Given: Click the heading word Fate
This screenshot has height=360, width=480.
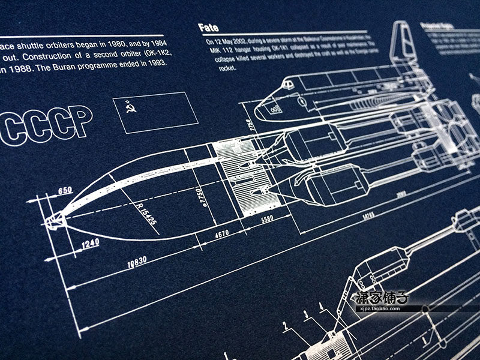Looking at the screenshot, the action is [208, 27].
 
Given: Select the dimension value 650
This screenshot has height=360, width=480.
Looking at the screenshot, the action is [65, 191].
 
